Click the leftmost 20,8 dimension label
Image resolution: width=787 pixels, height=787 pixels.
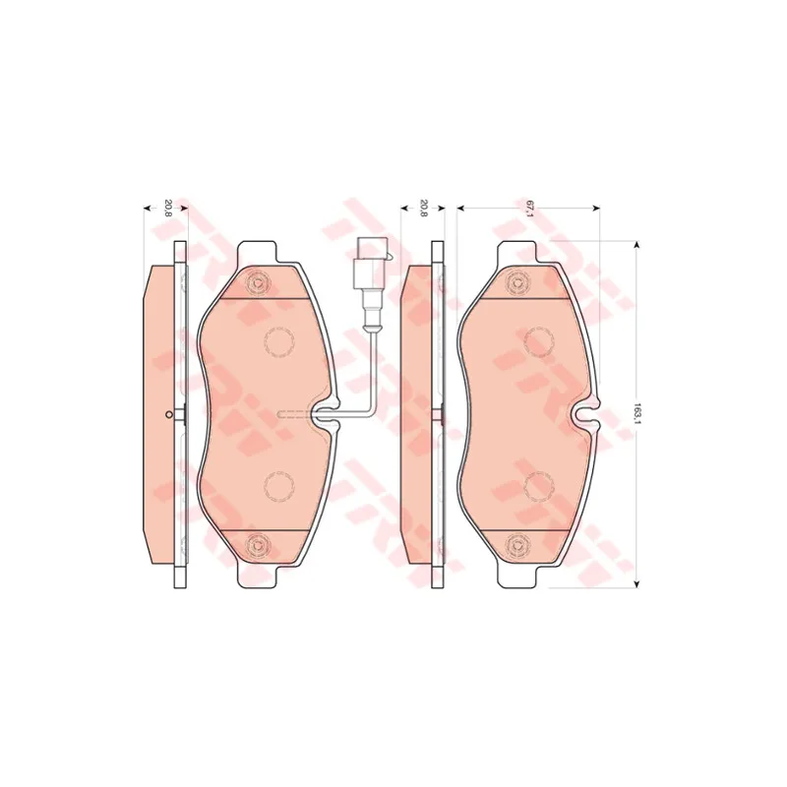pyautogui.click(x=167, y=208)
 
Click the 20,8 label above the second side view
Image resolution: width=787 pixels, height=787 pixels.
pyautogui.click(x=424, y=208)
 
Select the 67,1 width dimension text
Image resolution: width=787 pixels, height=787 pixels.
pyautogui.click(x=528, y=208)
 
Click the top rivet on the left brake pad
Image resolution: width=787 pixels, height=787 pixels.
pyautogui.click(x=258, y=283)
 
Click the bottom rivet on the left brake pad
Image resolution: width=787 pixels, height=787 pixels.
pyautogui.click(x=258, y=545)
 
